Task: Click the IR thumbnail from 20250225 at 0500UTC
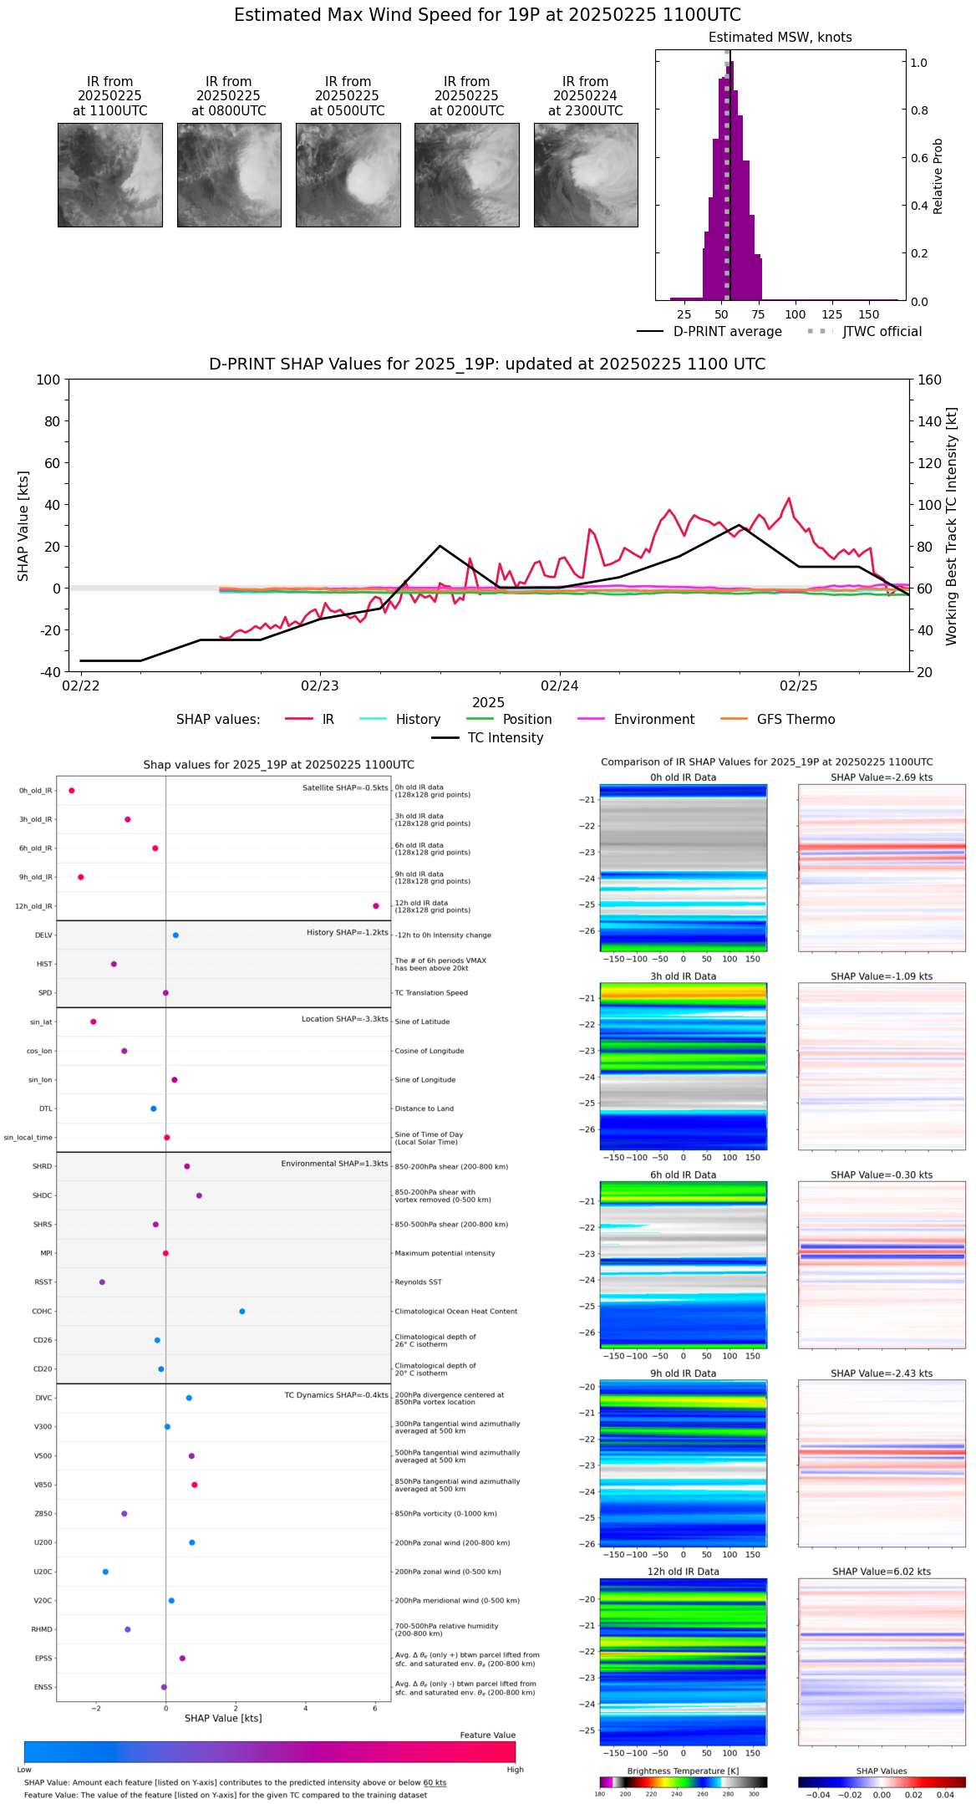(x=348, y=175)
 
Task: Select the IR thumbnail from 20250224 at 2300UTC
(x=586, y=175)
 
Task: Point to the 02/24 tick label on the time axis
(x=559, y=686)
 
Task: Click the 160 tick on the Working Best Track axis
(x=930, y=380)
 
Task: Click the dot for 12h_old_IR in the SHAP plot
(x=376, y=906)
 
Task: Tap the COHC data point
(x=242, y=1311)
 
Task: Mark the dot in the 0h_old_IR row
(x=72, y=791)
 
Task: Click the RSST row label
(x=43, y=1282)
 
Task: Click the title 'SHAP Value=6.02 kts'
(x=882, y=1572)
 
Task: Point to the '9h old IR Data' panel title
(x=683, y=1373)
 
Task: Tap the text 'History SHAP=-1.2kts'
(x=347, y=932)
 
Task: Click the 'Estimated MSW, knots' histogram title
(x=780, y=38)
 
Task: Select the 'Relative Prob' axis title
(x=938, y=176)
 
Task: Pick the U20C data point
(x=105, y=1572)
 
